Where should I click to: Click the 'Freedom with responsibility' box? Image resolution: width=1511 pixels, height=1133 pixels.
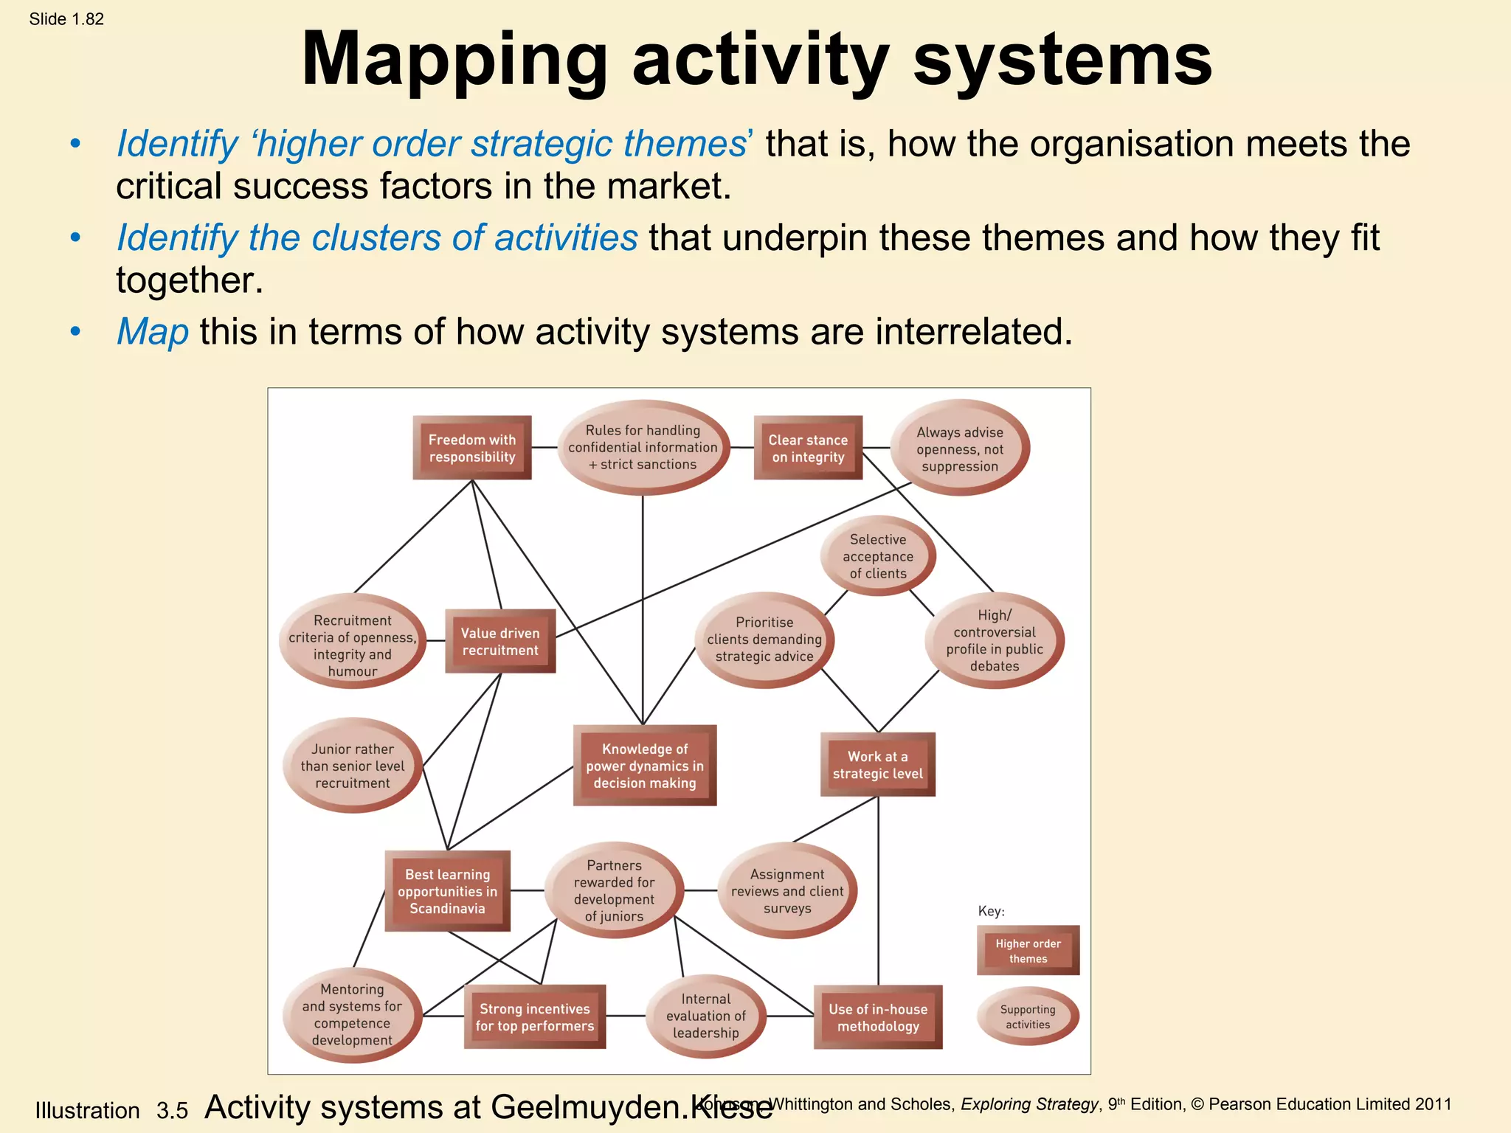[x=472, y=448]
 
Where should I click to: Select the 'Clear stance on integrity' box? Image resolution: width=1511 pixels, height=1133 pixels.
[x=808, y=448]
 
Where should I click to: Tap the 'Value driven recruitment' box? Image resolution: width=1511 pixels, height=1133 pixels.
[x=500, y=641]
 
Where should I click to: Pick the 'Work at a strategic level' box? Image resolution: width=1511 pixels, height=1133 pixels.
[x=877, y=765]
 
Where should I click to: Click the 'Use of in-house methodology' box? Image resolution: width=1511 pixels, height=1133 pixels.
[x=878, y=1017]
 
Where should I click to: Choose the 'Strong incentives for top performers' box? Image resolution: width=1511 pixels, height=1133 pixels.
[x=535, y=1017]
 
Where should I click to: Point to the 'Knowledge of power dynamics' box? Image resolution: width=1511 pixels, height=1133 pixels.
[x=645, y=766]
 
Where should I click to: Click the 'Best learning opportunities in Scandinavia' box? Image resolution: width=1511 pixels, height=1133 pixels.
[x=448, y=891]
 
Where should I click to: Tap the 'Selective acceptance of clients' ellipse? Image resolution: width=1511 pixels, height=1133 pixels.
[x=878, y=556]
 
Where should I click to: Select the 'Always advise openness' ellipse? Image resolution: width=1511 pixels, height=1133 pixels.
[x=960, y=448]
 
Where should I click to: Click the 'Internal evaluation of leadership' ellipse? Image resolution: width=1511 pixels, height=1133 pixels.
[x=706, y=1016]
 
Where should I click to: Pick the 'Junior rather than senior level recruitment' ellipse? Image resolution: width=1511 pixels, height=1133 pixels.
[x=353, y=766]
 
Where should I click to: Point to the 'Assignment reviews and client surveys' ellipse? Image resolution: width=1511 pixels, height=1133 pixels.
[x=787, y=891]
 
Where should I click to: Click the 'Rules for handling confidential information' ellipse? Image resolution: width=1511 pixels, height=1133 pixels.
[x=643, y=447]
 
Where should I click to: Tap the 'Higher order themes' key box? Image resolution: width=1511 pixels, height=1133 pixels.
[x=1028, y=951]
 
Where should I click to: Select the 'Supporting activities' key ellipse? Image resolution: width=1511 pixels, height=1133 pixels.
[x=1028, y=1016]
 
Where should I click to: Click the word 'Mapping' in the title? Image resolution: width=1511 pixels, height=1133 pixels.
[x=454, y=60]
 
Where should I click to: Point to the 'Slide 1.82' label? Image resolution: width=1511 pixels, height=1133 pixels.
[x=66, y=19]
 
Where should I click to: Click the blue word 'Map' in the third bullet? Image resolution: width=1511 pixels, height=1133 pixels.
[x=153, y=332]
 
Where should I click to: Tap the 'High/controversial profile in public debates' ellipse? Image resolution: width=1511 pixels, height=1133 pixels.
[x=995, y=640]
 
